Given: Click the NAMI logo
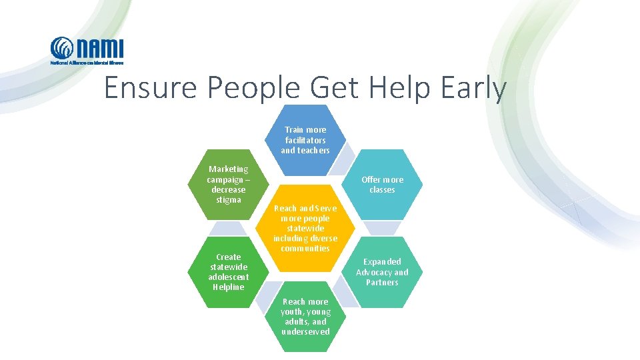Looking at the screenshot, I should [87, 51].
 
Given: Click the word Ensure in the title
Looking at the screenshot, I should [151, 89].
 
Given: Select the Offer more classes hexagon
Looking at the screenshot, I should [383, 185].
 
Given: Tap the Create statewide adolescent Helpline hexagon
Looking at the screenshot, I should [228, 272].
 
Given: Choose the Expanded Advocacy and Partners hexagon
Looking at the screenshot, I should [383, 272].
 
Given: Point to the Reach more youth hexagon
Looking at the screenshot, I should [305, 317].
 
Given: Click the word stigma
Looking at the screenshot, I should [228, 199].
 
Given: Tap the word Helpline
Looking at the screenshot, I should [228, 287].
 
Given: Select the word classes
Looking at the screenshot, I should [383, 190].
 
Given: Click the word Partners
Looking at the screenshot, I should [383, 283].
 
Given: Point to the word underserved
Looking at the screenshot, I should [305, 332].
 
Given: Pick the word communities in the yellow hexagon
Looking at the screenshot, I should [305, 249].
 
